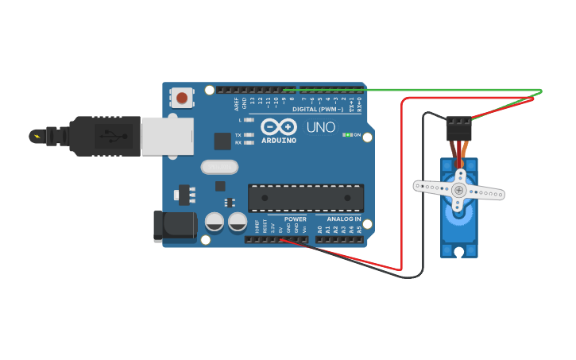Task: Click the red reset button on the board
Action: pyautogui.click(x=182, y=99)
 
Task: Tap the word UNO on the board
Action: pyautogui.click(x=321, y=127)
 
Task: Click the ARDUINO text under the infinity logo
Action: pyautogui.click(x=278, y=141)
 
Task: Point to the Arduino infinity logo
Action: pyautogui.click(x=278, y=127)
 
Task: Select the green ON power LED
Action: pyautogui.click(x=347, y=135)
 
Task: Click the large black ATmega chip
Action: pyautogui.click(x=306, y=198)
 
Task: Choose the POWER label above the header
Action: pyautogui.click(x=295, y=219)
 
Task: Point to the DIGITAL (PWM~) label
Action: pyautogui.click(x=318, y=109)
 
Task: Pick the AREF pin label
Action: pyautogui.click(x=236, y=103)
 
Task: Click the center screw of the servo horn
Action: pyautogui.click(x=458, y=190)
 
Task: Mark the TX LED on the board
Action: pyautogui.click(x=249, y=135)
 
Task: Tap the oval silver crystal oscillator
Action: pyautogui.click(x=219, y=167)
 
